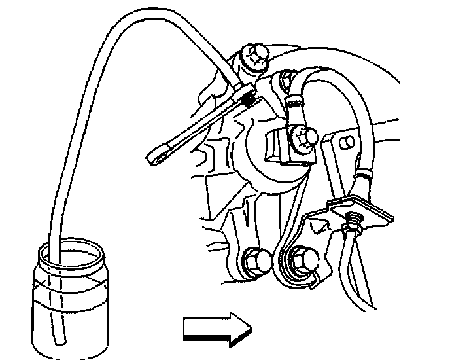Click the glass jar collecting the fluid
[66, 301]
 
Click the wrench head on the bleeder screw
[247, 98]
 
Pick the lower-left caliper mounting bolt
[256, 261]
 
